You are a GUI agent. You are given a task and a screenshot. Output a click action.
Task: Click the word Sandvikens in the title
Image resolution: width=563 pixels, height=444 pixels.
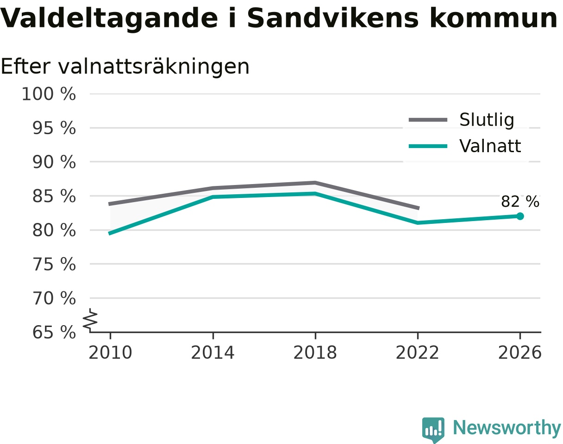pyautogui.click(x=333, y=18)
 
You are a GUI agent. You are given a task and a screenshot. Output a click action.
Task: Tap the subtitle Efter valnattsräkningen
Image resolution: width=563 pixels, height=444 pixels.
pyautogui.click(x=125, y=67)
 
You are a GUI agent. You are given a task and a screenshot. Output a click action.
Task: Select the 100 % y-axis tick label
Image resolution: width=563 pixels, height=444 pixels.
pyautogui.click(x=49, y=94)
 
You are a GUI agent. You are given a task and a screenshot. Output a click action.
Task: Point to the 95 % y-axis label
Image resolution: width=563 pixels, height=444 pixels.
pyautogui.click(x=54, y=128)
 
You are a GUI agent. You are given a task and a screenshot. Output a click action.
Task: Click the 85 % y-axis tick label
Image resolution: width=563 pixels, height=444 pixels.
pyautogui.click(x=54, y=196)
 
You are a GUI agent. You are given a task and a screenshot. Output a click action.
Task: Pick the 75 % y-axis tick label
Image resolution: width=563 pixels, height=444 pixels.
pyautogui.click(x=54, y=264)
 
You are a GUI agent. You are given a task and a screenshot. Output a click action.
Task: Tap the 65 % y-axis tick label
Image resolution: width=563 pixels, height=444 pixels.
pyautogui.click(x=54, y=333)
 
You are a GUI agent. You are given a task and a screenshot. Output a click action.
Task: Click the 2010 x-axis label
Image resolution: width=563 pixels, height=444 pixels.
pyautogui.click(x=110, y=353)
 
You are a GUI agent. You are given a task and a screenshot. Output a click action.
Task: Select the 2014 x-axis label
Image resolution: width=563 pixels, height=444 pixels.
pyautogui.click(x=213, y=353)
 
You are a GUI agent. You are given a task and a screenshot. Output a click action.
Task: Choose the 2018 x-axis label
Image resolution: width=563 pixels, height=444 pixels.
pyautogui.click(x=315, y=353)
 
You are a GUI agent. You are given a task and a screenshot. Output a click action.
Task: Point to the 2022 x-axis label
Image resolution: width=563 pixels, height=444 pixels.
pyautogui.click(x=417, y=353)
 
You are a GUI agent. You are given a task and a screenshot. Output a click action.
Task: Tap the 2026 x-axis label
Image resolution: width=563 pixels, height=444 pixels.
pyautogui.click(x=519, y=353)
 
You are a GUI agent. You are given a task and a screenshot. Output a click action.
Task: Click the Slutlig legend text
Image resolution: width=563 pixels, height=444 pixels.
pyautogui.click(x=487, y=120)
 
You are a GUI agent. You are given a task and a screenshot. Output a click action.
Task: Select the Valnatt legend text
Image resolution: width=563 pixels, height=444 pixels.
pyautogui.click(x=490, y=146)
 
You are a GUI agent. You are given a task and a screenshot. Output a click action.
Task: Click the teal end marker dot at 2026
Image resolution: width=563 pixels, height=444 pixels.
pyautogui.click(x=520, y=216)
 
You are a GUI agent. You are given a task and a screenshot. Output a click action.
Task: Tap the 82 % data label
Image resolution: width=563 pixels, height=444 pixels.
pyautogui.click(x=520, y=202)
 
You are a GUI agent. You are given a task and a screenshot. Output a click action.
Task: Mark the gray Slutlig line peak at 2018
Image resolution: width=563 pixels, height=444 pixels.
pyautogui.click(x=315, y=183)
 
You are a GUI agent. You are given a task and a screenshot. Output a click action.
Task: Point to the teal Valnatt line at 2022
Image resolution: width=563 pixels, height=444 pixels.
pyautogui.click(x=418, y=222)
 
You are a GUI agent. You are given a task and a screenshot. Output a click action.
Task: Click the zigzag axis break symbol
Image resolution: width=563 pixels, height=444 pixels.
pyautogui.click(x=90, y=319)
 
